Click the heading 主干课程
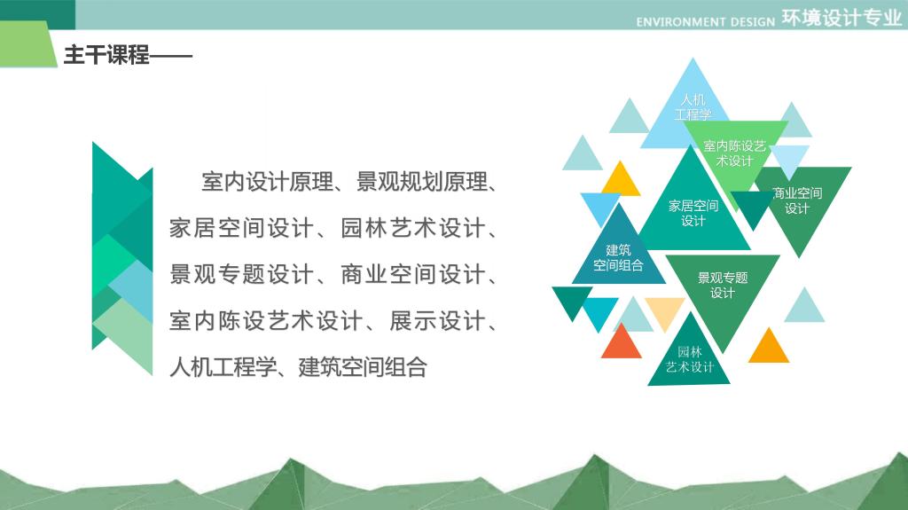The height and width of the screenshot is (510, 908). (x=106, y=55)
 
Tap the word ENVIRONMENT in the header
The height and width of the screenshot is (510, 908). (x=681, y=22)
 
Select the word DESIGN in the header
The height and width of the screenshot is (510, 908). (x=752, y=22)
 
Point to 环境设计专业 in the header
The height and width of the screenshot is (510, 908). (x=842, y=18)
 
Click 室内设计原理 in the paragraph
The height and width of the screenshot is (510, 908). (x=268, y=182)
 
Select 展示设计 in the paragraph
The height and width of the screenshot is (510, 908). (x=437, y=320)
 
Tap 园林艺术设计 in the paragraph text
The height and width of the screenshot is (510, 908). (x=412, y=228)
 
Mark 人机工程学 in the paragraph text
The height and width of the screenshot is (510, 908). (x=223, y=367)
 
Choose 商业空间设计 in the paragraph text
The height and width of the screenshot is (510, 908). (x=412, y=274)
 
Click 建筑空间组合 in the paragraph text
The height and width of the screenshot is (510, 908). (x=363, y=367)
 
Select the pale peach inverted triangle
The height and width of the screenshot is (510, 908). (x=664, y=310)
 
